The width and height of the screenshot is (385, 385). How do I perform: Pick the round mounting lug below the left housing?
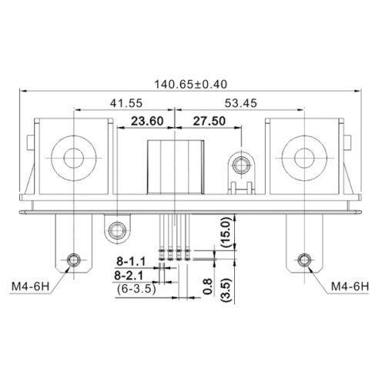pos(117,229)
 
